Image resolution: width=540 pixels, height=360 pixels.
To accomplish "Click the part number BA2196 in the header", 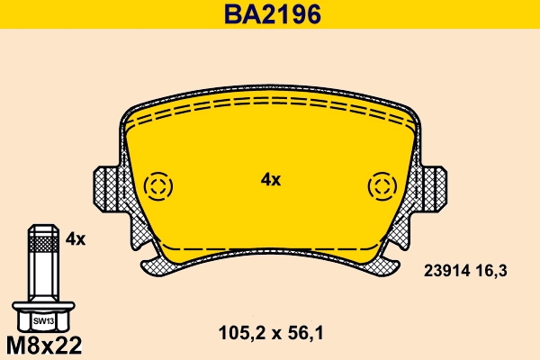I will click(x=269, y=14).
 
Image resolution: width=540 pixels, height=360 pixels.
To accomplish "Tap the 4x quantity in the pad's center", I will click(x=271, y=180).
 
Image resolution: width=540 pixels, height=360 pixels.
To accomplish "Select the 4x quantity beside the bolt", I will click(x=76, y=238).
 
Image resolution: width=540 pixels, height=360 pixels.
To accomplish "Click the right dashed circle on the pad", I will click(x=382, y=186).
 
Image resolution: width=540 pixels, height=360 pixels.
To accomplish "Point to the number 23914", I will click(x=446, y=269).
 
